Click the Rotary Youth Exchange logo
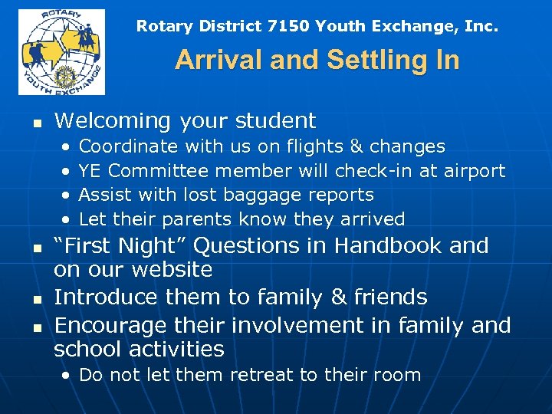[x=61, y=51]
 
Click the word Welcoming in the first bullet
[x=113, y=121]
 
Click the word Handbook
[x=389, y=246]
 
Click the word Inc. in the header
[x=481, y=26]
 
